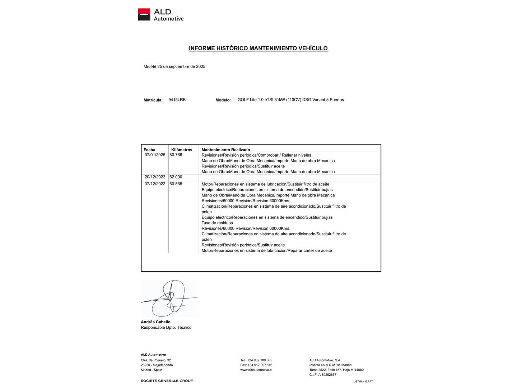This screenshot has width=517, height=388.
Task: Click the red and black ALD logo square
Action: click(x=144, y=14)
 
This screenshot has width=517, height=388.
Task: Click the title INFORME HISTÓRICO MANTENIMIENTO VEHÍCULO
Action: click(x=258, y=48)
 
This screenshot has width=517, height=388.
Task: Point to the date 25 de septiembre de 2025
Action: click(x=181, y=66)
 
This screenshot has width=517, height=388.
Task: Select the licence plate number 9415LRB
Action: click(x=177, y=100)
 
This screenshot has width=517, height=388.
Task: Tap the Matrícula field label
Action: click(x=153, y=100)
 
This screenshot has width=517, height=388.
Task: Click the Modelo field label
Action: click(x=223, y=100)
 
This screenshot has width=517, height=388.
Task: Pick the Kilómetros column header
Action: click(x=182, y=150)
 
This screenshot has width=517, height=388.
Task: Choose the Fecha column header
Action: click(x=149, y=150)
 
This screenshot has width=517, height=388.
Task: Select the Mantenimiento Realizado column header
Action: click(x=225, y=150)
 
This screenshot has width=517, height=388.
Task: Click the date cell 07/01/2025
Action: click(x=155, y=155)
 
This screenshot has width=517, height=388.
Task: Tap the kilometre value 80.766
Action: click(x=176, y=155)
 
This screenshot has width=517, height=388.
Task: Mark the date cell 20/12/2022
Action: click(x=155, y=177)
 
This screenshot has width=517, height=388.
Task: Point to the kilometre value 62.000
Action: click(x=176, y=177)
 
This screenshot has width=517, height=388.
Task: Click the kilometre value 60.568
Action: click(x=176, y=184)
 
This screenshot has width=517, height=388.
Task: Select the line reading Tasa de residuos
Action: click(x=217, y=223)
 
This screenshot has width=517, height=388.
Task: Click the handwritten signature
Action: click(x=169, y=299)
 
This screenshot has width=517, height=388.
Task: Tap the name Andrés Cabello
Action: click(x=155, y=322)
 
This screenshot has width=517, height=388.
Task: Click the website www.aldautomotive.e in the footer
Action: click(x=256, y=370)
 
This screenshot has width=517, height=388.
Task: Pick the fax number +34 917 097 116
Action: click(x=260, y=365)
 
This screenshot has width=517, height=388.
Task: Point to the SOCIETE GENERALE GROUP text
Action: click(x=167, y=381)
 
